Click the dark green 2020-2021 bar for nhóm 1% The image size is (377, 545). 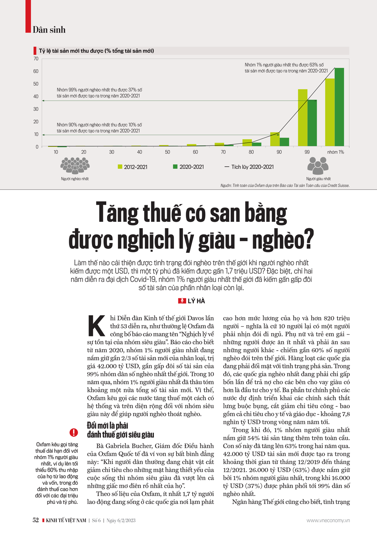click(339, 107)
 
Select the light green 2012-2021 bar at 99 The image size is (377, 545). click(303, 118)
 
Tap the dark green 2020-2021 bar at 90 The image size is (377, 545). click(284, 142)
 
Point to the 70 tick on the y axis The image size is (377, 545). click(36, 59)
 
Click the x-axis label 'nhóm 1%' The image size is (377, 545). click(335, 152)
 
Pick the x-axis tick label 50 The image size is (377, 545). click(167, 152)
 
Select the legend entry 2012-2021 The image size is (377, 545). click(132, 167)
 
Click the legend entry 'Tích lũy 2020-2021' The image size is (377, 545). click(249, 167)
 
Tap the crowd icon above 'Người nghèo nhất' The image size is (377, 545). click(75, 165)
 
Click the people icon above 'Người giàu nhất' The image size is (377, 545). click(318, 165)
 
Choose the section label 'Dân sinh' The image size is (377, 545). click(49, 30)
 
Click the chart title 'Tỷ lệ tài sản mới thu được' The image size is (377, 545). click(96, 51)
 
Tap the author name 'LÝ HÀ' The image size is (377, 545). click(196, 301)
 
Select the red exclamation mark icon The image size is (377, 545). click(74, 432)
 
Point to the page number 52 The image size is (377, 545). click(35, 520)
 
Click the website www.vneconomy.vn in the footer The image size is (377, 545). click(328, 521)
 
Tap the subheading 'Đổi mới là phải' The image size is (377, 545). click(107, 426)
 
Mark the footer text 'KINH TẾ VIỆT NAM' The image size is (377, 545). click(66, 521)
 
